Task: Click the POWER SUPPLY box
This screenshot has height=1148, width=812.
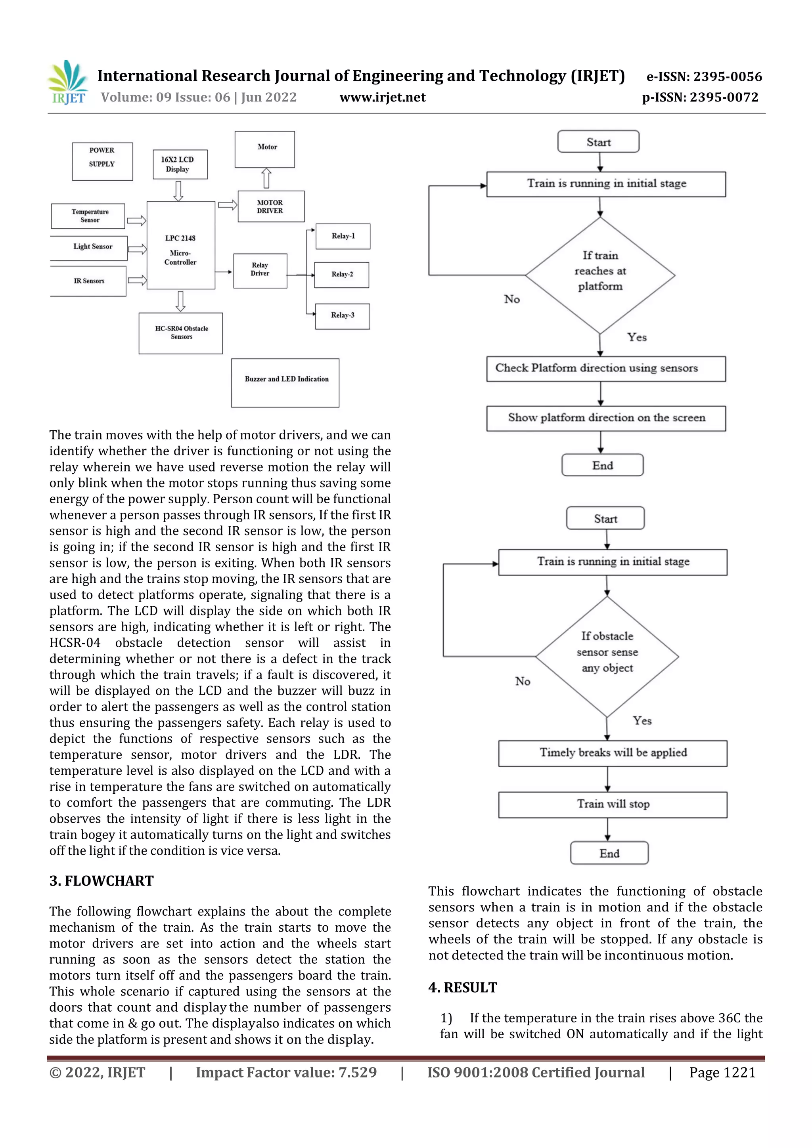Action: pos(102,161)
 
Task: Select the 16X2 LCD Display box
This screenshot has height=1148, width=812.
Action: pos(180,164)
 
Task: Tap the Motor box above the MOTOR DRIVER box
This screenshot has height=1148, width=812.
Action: pos(265,149)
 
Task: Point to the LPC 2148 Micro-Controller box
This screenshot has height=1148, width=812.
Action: pos(181,245)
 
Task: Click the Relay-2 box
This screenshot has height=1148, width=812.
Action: pos(342,275)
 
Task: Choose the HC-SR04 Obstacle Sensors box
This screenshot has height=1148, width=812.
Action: pos(181,333)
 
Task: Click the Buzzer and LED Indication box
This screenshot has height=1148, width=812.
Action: pos(285,382)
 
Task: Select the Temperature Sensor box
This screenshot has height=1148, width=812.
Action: pos(88,216)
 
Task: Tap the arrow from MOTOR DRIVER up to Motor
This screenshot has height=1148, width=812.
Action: pos(267,178)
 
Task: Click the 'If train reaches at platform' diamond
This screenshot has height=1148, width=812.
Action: pos(600,275)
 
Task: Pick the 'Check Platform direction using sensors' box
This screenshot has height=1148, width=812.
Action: pos(605,369)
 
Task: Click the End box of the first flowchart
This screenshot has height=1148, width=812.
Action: pos(602,465)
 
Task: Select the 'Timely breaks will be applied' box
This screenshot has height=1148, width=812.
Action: pos(613,753)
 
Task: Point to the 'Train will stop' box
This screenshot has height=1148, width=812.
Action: pos(613,804)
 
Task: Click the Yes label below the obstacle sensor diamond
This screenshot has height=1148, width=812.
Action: pos(642,720)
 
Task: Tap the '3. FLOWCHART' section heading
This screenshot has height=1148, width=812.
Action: pos(101,881)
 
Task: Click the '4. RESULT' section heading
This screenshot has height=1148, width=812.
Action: pos(463,988)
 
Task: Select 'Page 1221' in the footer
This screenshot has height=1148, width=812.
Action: pos(722,1072)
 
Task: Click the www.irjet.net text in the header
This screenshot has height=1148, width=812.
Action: pos(382,97)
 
